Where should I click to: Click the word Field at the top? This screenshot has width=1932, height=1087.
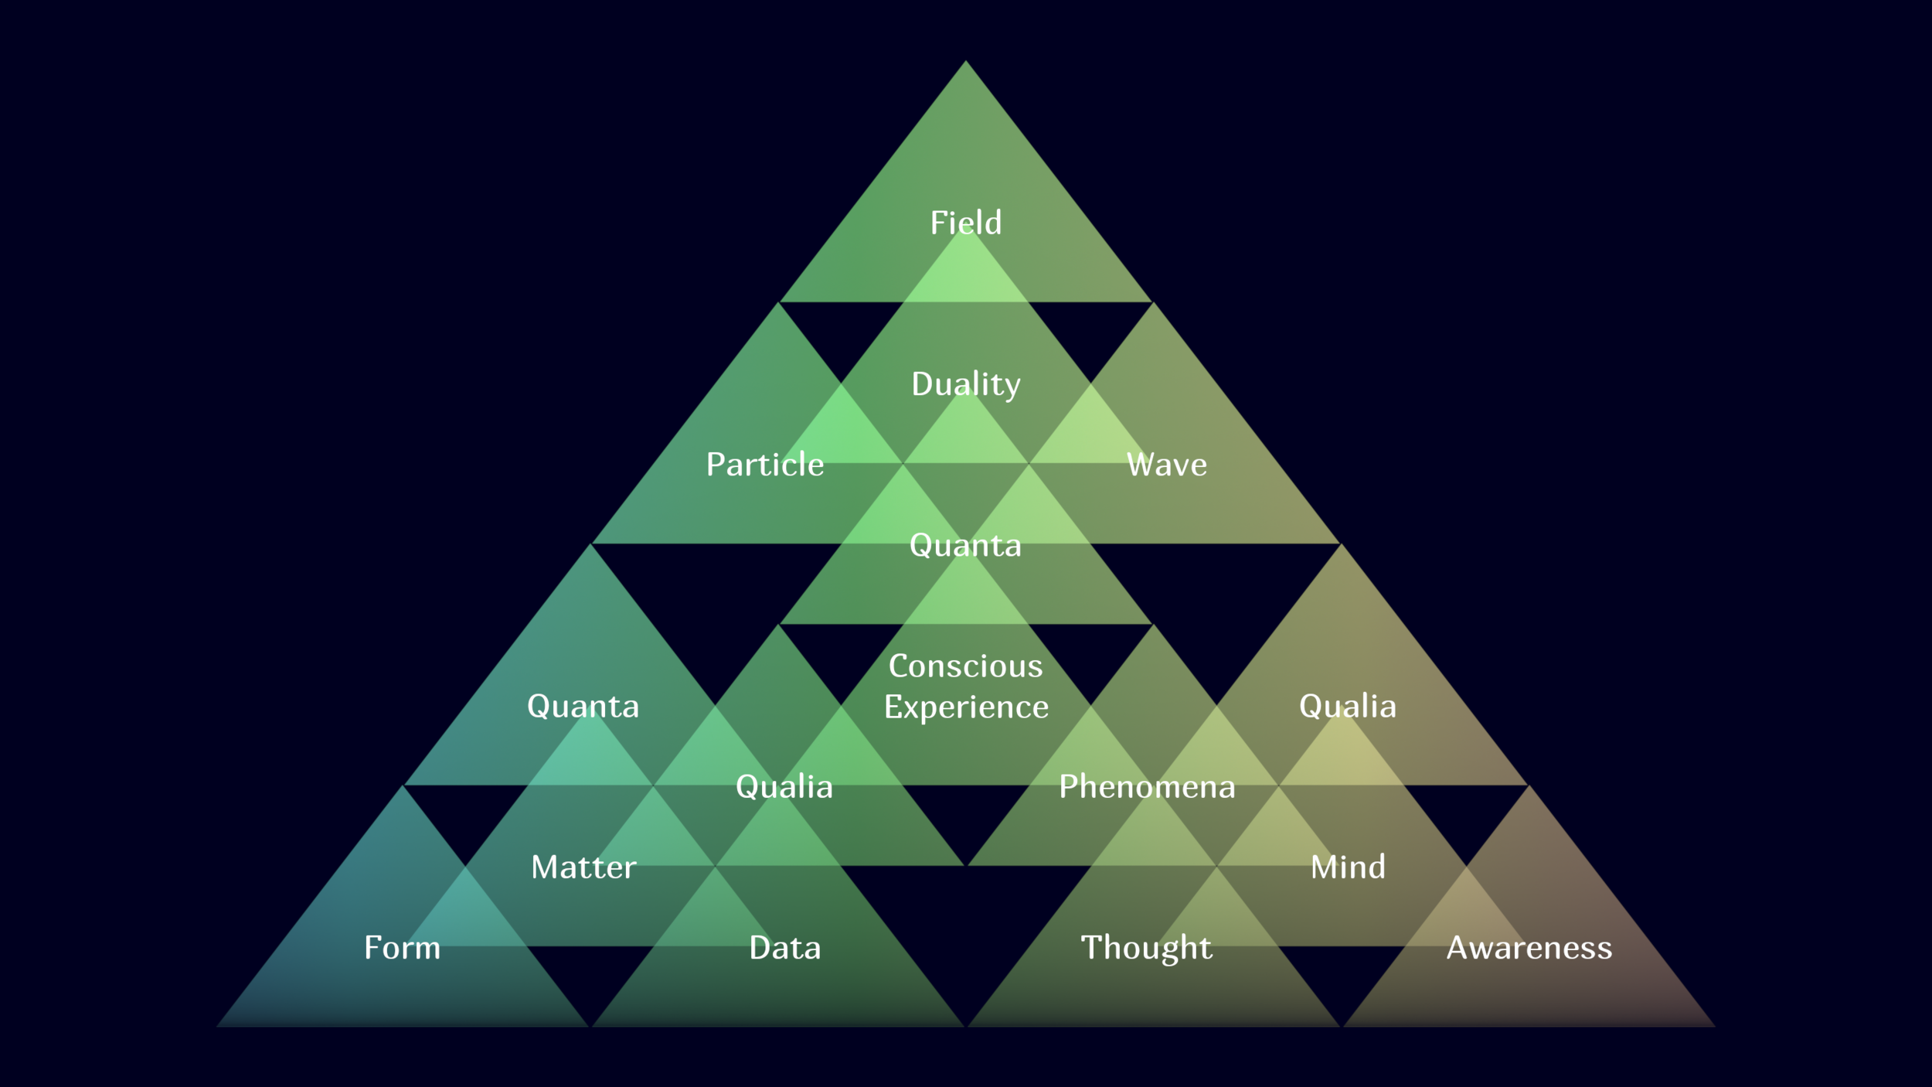pyautogui.click(x=965, y=223)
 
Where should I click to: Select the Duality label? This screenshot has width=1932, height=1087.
pyautogui.click(x=965, y=384)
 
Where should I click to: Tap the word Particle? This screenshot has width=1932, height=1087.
pyautogui.click(x=765, y=465)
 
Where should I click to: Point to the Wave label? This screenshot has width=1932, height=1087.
pyautogui.click(x=1166, y=465)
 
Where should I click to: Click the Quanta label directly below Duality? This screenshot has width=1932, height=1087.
pyautogui.click(x=965, y=546)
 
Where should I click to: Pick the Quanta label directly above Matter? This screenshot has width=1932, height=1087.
pyautogui.click(x=583, y=707)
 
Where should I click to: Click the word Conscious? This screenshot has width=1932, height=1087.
pyautogui.click(x=965, y=666)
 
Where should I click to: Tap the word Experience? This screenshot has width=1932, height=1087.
pyautogui.click(x=966, y=707)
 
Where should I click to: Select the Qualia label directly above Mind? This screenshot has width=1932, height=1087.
pyautogui.click(x=1348, y=707)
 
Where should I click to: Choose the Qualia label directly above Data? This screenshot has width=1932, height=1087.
pyautogui.click(x=784, y=787)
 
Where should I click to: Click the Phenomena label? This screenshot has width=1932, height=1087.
pyautogui.click(x=1147, y=787)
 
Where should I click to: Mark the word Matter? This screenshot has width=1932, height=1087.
pyautogui.click(x=583, y=867)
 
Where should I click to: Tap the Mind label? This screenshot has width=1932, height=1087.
pyautogui.click(x=1348, y=867)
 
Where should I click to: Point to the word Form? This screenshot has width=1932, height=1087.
pyautogui.click(x=402, y=948)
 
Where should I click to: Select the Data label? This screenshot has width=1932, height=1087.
pyautogui.click(x=784, y=948)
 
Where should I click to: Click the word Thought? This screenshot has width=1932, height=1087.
pyautogui.click(x=1147, y=948)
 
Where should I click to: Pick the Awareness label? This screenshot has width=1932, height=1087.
pyautogui.click(x=1529, y=948)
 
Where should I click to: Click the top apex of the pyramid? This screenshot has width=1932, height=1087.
pyautogui.click(x=965, y=62)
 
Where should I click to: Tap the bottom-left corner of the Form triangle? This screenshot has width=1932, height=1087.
pyautogui.click(x=218, y=1026)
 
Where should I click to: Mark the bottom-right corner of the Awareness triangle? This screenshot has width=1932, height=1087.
pyautogui.click(x=1714, y=1026)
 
